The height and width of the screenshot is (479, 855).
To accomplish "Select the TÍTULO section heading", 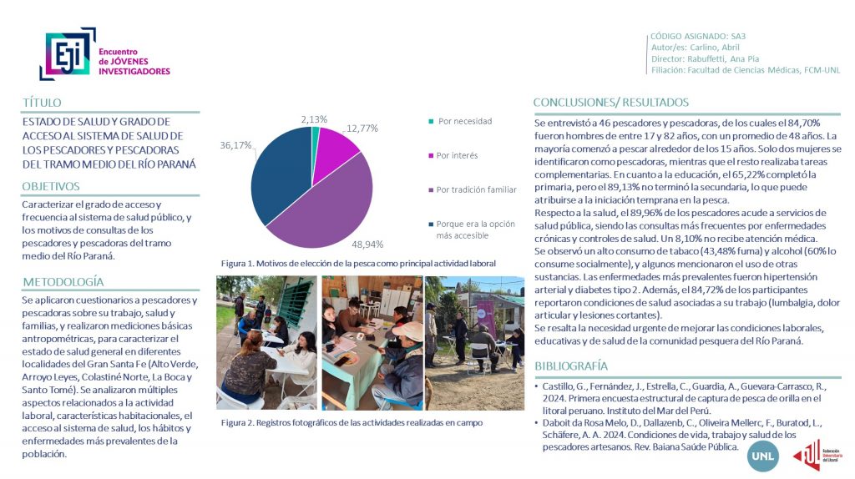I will pyautogui.click(x=43, y=103).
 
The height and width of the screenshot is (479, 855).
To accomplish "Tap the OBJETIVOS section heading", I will pyautogui.click(x=52, y=186).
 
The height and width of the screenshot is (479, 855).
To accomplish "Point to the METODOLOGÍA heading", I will pyautogui.click(x=63, y=281).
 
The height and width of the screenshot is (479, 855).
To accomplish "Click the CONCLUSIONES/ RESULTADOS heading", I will pyautogui.click(x=611, y=103).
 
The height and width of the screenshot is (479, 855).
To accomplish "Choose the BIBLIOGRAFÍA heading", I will pyautogui.click(x=571, y=366).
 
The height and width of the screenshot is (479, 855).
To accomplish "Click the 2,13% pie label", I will pyautogui.click(x=314, y=119).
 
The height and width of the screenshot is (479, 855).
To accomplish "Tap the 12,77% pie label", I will pyautogui.click(x=362, y=129).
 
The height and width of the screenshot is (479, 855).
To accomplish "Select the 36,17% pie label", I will pyautogui.click(x=236, y=145).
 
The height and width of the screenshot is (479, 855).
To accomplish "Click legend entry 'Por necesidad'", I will pyautogui.click(x=464, y=121).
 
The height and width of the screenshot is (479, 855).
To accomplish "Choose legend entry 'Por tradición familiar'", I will pyautogui.click(x=476, y=189).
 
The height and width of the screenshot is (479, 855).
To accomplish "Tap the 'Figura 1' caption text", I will pyautogui.click(x=358, y=263).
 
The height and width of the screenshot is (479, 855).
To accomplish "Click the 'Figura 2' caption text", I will pyautogui.click(x=352, y=422).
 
